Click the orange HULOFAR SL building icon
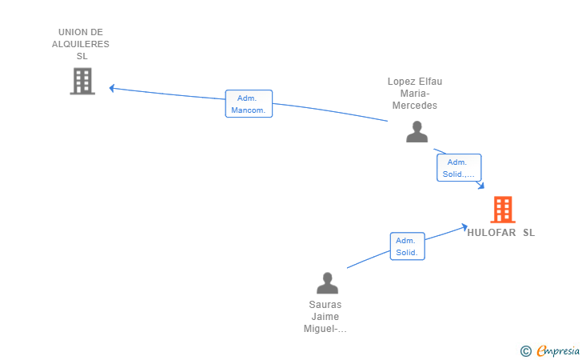503,210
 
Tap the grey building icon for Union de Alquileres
82,81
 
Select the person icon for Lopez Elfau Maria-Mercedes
417,131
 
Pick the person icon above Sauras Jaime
328,283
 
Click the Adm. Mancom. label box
249,104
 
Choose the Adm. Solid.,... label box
459,167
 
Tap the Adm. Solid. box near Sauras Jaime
407,246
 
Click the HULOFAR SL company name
500,233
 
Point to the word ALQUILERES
81,44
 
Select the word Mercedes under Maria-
415,106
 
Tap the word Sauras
325,305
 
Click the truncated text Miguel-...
325,329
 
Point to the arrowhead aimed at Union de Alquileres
112,88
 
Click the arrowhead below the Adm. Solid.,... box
481,185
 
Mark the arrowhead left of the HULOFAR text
464,226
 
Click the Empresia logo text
558,350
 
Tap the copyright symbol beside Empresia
526,351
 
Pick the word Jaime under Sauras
325,317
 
